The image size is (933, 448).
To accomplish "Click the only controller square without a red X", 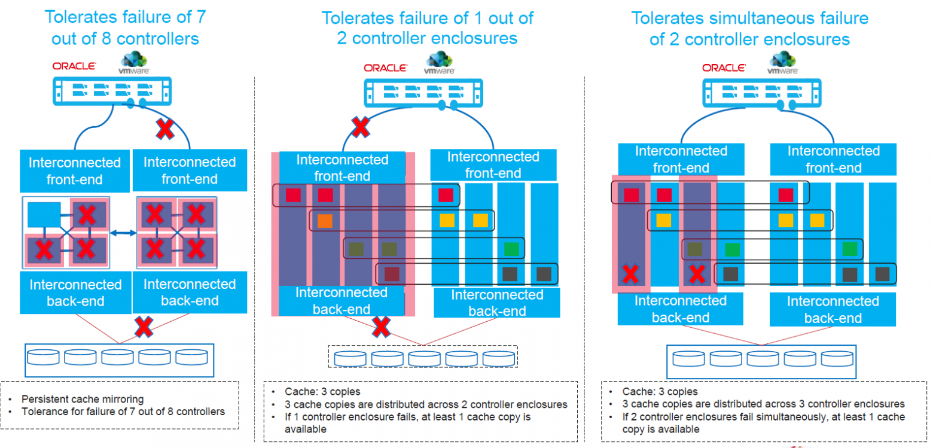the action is [x=44, y=215].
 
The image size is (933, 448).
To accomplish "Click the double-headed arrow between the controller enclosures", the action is [x=123, y=233].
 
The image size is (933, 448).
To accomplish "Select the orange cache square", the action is [x=325, y=221].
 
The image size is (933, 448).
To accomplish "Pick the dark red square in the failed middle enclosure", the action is [x=392, y=274].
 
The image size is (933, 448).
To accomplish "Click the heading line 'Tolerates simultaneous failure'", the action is [x=750, y=18].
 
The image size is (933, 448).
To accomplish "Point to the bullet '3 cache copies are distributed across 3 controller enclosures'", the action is [x=764, y=404].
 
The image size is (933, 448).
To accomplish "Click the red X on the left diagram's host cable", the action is [x=165, y=129].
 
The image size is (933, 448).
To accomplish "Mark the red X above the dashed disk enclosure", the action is [x=381, y=327].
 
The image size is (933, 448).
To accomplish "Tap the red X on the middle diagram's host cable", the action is [x=360, y=127].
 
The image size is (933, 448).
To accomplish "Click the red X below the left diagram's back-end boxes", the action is [x=144, y=327].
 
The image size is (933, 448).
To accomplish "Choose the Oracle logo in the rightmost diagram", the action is [x=724, y=68].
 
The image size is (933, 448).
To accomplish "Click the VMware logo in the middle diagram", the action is [x=439, y=63].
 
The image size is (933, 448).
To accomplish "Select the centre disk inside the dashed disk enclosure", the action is [x=425, y=358].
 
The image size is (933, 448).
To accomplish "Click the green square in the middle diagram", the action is [x=511, y=249].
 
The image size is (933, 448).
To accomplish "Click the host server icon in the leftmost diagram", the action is [x=112, y=92].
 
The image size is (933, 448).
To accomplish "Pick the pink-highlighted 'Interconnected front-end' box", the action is [x=342, y=167].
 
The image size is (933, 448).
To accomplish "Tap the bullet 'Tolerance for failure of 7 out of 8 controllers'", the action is [x=123, y=412].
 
